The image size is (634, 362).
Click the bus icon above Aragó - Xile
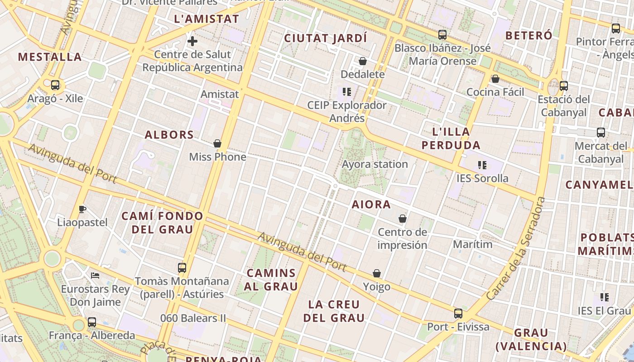[x=55, y=85]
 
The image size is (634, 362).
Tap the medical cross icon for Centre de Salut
[x=192, y=41]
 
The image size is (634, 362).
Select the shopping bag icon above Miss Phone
[x=217, y=144]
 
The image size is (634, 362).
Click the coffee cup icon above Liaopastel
[x=82, y=209]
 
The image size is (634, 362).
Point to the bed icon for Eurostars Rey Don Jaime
[x=95, y=275]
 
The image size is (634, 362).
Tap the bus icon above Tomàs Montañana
[x=182, y=267]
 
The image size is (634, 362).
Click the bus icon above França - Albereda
[x=92, y=322]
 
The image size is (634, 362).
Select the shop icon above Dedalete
[x=363, y=61]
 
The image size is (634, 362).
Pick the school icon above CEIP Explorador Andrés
[x=347, y=92]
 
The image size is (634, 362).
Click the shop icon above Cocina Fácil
[x=495, y=79]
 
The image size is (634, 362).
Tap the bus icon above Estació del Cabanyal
[x=564, y=86]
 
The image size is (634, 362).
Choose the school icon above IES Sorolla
[x=482, y=165]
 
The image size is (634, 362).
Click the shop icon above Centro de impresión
[x=403, y=219]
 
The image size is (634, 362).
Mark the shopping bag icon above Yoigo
[x=377, y=274]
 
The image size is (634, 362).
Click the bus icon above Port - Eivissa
[x=458, y=314]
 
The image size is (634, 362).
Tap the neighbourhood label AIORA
[x=371, y=205]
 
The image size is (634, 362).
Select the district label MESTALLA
[x=50, y=57]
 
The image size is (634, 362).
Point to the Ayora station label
[x=375, y=164]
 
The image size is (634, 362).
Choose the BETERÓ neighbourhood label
[x=528, y=35]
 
